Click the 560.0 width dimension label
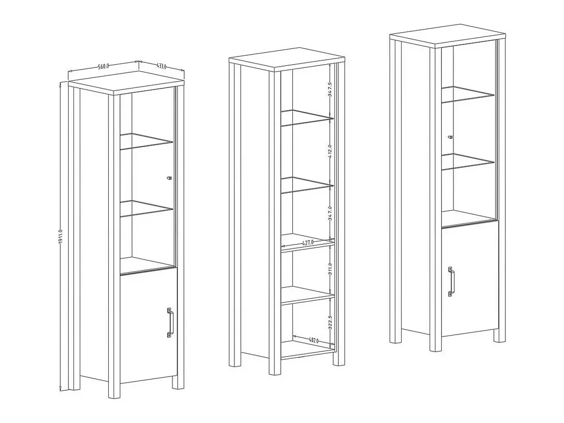pyautogui.click(x=103, y=67)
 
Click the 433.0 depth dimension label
pyautogui.click(x=162, y=66)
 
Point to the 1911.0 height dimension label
pyautogui.click(x=61, y=237)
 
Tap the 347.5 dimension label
pyautogui.click(x=330, y=89)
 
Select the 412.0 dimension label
pyautogui.click(x=330, y=151)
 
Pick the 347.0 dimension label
pyautogui.click(x=330, y=214)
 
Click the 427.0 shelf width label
pyautogui.click(x=308, y=243)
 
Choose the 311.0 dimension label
pyautogui.click(x=330, y=269)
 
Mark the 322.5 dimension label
pyautogui.click(x=330, y=322)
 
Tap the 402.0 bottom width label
pyautogui.click(x=314, y=341)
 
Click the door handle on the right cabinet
pyautogui.click(x=451, y=282)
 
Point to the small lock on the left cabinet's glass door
pyautogui.click(x=169, y=178)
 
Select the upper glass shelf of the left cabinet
pyautogui.click(x=147, y=141)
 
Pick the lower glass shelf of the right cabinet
pyautogui.click(x=468, y=162)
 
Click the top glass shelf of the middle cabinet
pyautogui.click(x=307, y=118)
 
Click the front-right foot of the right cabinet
pyautogui.click(x=499, y=335)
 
